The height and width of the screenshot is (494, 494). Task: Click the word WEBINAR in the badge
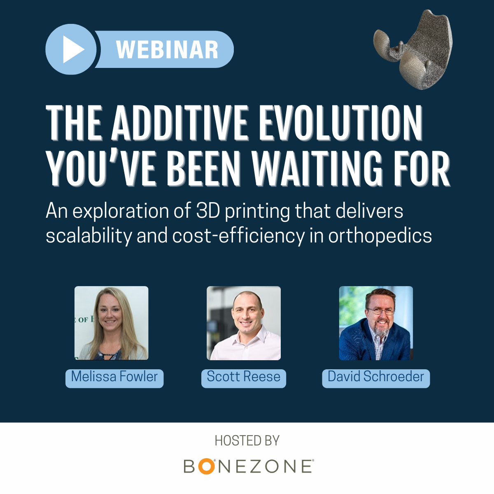pos(167,49)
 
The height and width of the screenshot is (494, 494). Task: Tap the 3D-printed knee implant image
pos(413,50)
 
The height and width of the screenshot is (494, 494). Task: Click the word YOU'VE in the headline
pos(101,168)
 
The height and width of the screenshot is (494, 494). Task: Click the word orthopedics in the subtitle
pos(380,236)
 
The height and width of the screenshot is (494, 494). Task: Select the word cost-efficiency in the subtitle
pos(238,236)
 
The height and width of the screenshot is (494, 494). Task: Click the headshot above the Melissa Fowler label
pos(112,323)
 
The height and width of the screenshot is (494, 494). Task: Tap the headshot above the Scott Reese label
pos(244,323)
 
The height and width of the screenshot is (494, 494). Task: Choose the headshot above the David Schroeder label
pos(376,323)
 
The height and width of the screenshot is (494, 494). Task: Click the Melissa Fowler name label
pos(114,378)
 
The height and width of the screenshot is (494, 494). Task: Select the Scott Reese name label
pos(244,378)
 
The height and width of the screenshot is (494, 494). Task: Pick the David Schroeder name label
pos(376,378)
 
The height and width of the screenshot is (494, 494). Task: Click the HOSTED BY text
pos(247,441)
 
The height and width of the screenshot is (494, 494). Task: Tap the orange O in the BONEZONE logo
pos(206,466)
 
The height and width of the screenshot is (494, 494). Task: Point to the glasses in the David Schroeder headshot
pos(380,311)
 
